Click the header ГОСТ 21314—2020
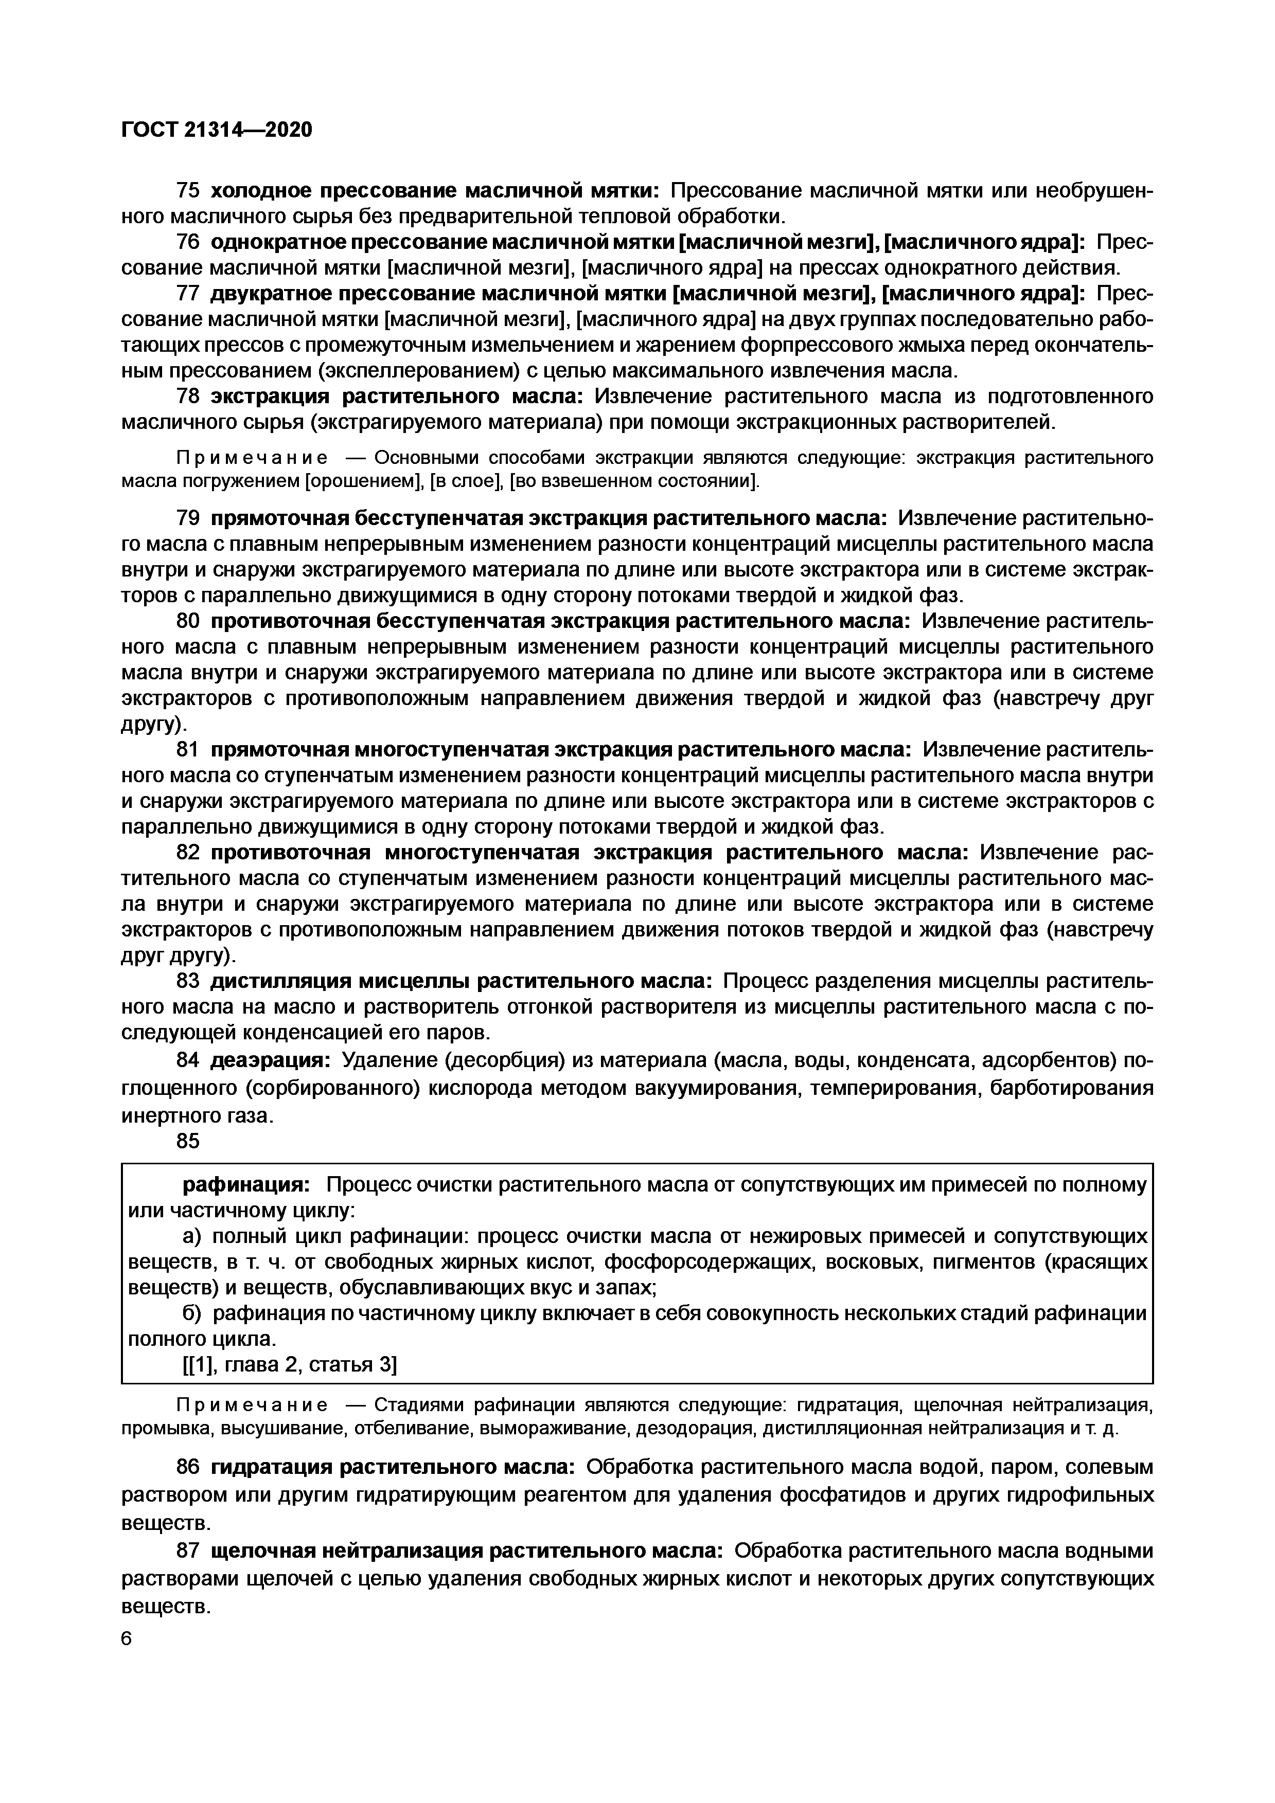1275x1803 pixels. click(217, 130)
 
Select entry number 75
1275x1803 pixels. click(188, 191)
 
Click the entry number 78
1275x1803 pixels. click(188, 396)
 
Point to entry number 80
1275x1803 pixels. click(188, 621)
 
